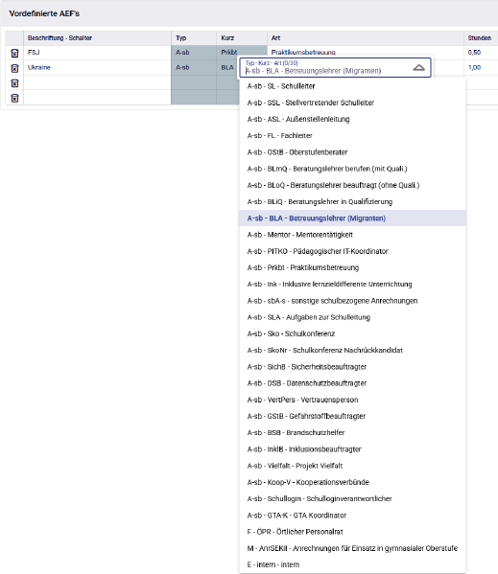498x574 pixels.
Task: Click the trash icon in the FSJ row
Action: pos(14,53)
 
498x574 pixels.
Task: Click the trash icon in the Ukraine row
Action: pos(14,68)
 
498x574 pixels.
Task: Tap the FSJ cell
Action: pos(35,52)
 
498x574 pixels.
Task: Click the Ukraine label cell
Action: pos(39,68)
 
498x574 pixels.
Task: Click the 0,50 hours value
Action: pos(474,52)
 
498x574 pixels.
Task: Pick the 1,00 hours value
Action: pos(474,68)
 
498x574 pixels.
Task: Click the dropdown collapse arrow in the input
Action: pos(418,68)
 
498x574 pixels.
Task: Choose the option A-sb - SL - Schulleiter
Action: pos(289,86)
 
